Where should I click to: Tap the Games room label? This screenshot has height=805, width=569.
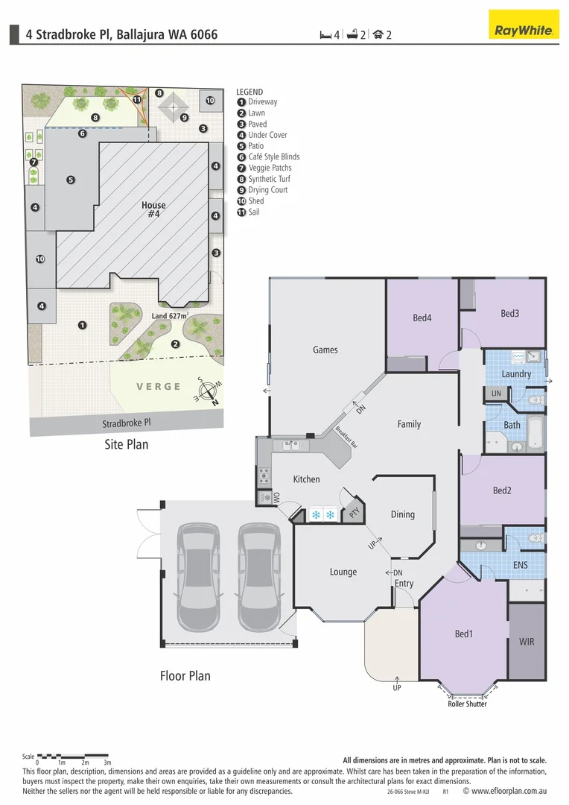pyautogui.click(x=325, y=350)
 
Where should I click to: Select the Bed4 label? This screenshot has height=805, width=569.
pyautogui.click(x=422, y=318)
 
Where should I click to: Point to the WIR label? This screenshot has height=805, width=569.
pyautogui.click(x=527, y=641)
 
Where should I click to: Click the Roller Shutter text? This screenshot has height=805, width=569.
pyautogui.click(x=467, y=704)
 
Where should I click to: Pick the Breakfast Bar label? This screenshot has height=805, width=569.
pyautogui.click(x=346, y=437)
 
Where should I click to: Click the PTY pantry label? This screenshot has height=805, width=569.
pyautogui.click(x=354, y=514)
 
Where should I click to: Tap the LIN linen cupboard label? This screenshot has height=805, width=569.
pyautogui.click(x=496, y=393)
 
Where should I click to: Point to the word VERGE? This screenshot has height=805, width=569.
pyautogui.click(x=159, y=386)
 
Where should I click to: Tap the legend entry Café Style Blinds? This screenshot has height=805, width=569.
pyautogui.click(x=273, y=157)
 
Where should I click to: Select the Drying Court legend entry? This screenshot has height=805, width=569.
pyautogui.click(x=267, y=190)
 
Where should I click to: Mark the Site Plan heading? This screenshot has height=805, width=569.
pyautogui.click(x=126, y=445)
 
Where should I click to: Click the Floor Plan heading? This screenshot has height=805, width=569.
pyautogui.click(x=185, y=676)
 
